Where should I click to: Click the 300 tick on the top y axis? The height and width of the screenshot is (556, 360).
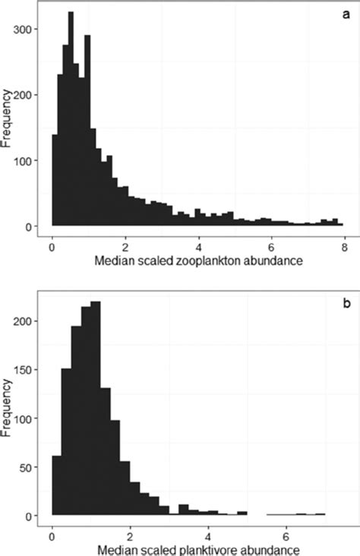coord(27,30)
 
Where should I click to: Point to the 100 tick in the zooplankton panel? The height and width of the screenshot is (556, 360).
coord(27,161)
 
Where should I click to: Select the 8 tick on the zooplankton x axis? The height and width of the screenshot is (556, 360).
coord(344,247)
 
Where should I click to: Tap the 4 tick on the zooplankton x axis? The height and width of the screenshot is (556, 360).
coord(198,247)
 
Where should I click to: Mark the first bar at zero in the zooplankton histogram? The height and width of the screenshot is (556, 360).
coord(54,182)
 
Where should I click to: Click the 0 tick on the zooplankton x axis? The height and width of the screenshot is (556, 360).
coord(52,247)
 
